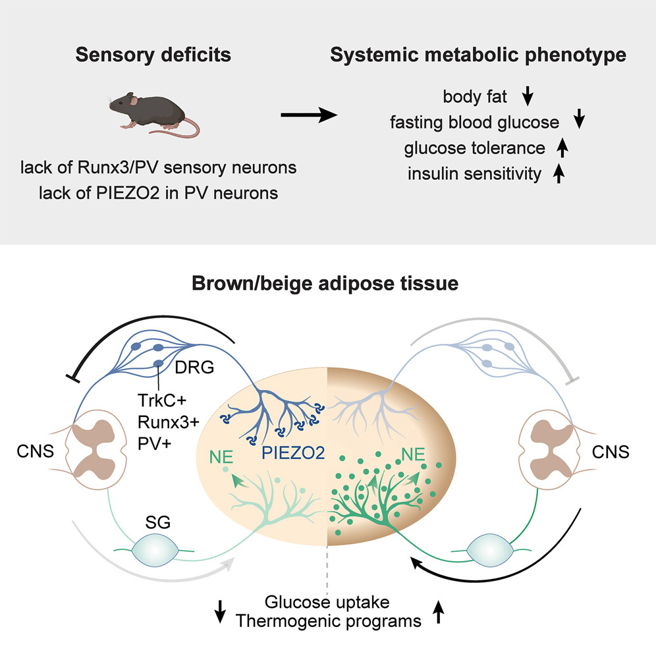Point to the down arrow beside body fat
(x=527, y=98)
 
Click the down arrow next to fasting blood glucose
(x=580, y=121)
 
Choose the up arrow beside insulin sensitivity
(x=559, y=175)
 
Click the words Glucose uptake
(x=327, y=602)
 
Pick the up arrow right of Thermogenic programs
(x=437, y=613)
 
